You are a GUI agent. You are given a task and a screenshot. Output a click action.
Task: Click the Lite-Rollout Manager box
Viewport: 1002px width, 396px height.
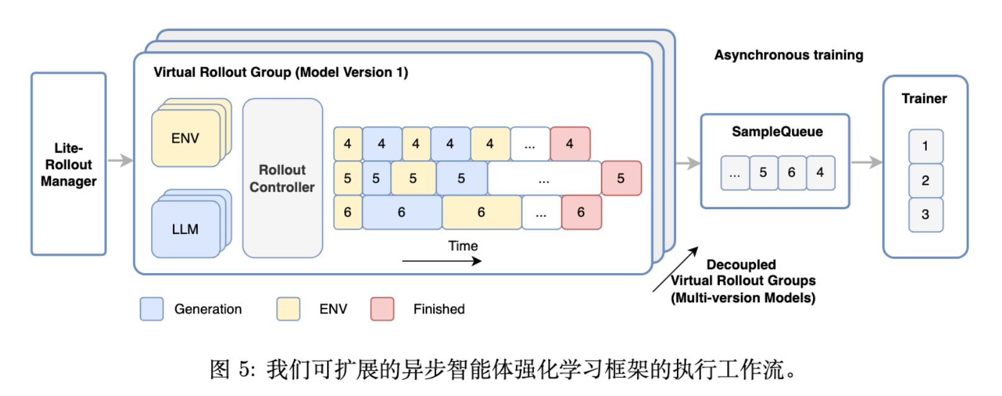pos(68,164)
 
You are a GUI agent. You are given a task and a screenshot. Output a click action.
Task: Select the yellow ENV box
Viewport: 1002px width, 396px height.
pos(185,138)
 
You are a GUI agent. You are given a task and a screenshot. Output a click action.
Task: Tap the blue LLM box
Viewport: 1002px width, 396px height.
pos(185,229)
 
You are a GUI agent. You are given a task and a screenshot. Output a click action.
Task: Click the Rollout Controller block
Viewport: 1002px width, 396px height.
pos(282,178)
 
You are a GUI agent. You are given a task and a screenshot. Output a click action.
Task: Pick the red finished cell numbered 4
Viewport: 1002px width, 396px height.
pos(570,144)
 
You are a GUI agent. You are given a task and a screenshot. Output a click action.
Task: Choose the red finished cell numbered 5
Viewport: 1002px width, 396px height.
pos(621,178)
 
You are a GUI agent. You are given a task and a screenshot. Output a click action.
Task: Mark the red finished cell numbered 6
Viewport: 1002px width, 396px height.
pos(581,212)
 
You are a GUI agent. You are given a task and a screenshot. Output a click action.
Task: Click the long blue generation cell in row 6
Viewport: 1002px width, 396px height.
pos(402,212)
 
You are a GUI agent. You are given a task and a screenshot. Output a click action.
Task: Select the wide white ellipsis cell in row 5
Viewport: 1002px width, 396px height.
pos(544,178)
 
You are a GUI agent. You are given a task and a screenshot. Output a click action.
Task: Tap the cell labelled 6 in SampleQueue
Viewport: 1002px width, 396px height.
pos(791,173)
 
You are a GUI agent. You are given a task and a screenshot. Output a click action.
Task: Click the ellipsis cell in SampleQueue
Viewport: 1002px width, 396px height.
pos(735,173)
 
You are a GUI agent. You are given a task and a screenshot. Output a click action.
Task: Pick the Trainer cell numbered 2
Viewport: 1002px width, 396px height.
pos(926,181)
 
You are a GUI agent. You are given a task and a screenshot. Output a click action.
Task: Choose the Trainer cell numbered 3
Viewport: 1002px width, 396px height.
pos(926,215)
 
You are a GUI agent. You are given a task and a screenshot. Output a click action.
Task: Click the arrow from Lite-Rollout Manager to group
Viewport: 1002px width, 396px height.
pos(120,161)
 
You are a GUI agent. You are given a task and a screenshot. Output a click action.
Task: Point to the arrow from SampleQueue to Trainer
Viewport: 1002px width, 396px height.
pos(866,163)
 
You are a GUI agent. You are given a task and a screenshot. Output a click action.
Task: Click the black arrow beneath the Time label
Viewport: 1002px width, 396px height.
pos(441,261)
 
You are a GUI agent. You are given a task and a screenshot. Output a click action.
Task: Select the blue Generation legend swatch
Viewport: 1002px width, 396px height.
pos(152,308)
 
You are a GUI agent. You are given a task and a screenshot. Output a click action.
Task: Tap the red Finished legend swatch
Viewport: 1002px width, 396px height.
pos(382,308)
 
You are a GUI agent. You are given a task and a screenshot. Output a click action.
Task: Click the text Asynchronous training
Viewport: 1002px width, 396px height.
pos(788,55)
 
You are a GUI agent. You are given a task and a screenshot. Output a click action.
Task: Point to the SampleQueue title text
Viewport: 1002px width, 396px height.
pos(777,132)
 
